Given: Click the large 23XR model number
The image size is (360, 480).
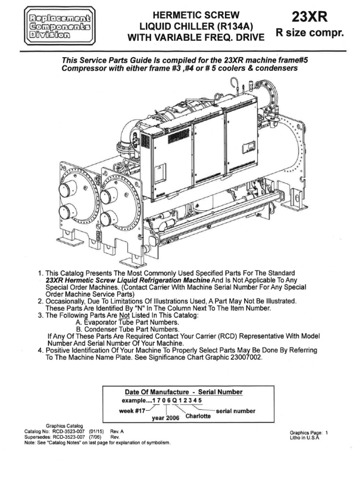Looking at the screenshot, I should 310,17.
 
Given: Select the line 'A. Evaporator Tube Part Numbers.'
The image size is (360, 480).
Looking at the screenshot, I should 126,322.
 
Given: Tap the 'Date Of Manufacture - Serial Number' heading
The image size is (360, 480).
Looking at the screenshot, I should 183,392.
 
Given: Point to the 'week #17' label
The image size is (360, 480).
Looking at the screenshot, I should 134,411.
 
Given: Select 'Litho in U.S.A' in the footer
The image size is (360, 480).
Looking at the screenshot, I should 305,438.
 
